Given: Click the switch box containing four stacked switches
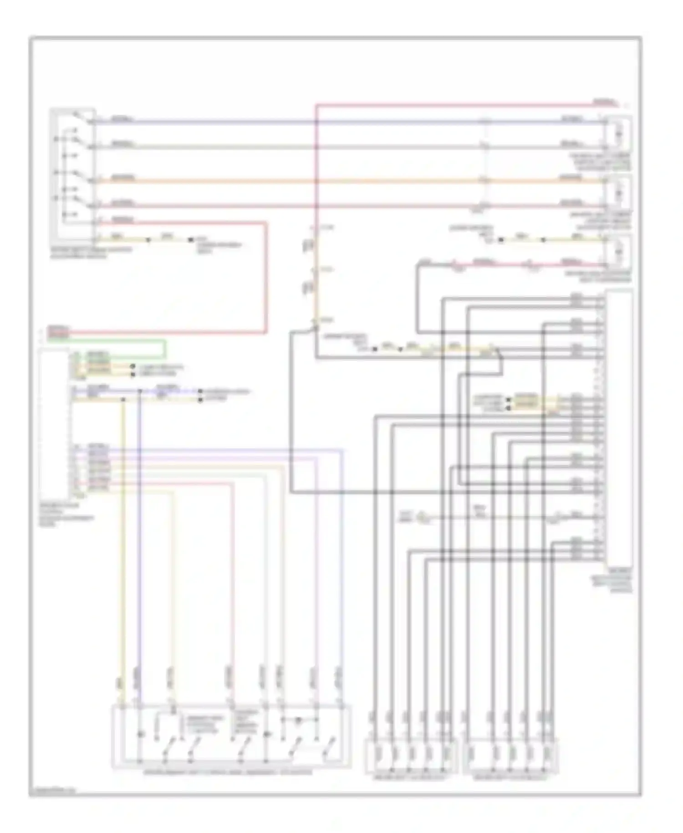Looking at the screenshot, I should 73,173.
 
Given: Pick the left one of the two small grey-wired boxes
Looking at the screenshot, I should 411,756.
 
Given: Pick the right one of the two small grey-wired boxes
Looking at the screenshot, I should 510,756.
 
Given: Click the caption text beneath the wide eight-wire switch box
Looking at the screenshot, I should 228,772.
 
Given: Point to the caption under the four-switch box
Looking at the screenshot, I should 91,252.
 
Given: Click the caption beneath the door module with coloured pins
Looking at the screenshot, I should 66,515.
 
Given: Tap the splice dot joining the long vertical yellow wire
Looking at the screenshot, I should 123,399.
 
